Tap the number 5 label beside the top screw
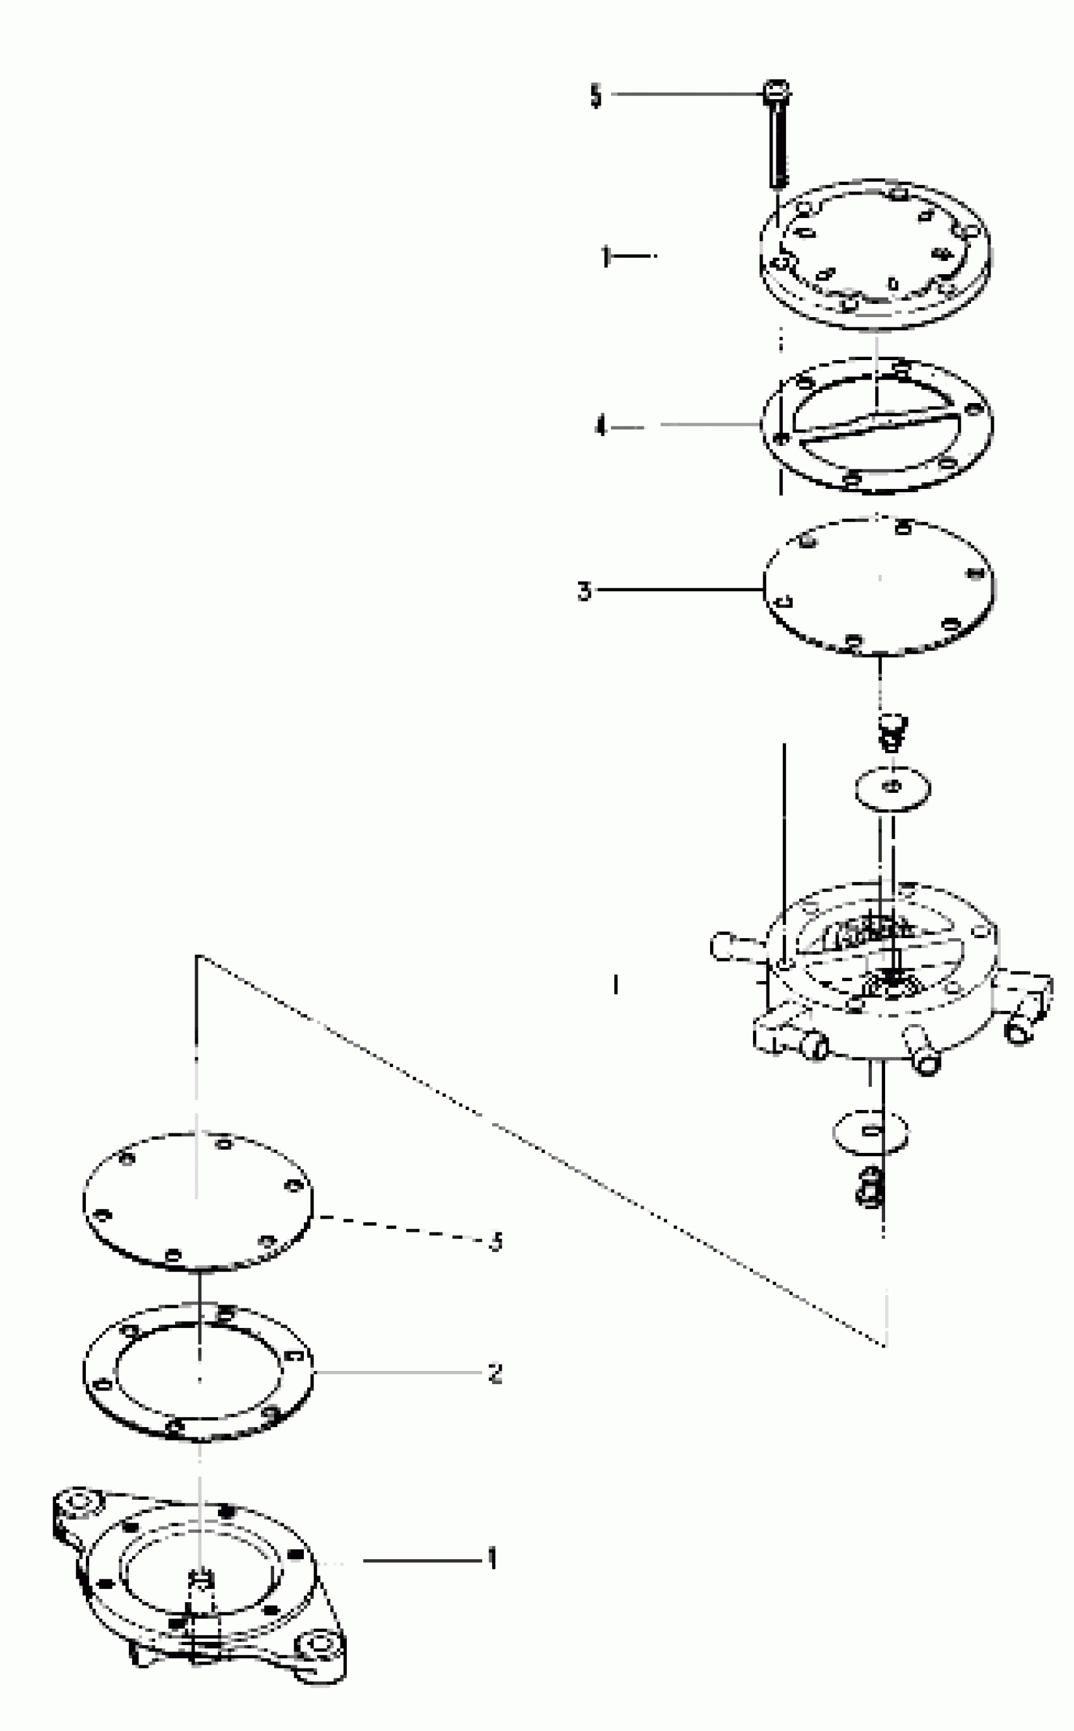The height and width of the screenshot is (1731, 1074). click(595, 96)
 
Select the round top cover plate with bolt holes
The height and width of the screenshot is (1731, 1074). click(876, 256)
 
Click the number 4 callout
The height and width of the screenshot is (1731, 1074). click(601, 427)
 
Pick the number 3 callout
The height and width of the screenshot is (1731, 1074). click(584, 590)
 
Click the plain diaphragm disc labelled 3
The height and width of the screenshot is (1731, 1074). click(879, 587)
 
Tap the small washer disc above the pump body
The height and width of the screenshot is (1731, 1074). click(893, 788)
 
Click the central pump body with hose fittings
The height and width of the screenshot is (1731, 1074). click(881, 973)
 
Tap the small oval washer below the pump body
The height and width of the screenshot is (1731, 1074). click(871, 1130)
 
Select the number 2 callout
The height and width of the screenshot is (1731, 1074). click(495, 1373)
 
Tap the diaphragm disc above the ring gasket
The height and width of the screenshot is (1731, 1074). click(198, 1200)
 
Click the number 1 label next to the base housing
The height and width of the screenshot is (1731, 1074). click(492, 1559)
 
